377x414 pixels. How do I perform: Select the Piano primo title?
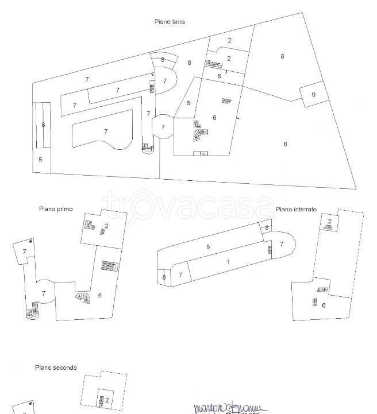pyautogui.click(x=56, y=209)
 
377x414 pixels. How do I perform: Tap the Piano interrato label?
pyautogui.click(x=296, y=210)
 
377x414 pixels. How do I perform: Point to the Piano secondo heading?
pyautogui.click(x=56, y=367)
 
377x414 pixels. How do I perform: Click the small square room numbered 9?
pyautogui.click(x=313, y=95)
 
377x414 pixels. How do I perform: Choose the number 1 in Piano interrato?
pyautogui.click(x=228, y=262)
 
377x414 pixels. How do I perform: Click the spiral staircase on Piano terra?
pyautogui.click(x=199, y=135)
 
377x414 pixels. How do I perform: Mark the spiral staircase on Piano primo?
pyautogui.click(x=83, y=299)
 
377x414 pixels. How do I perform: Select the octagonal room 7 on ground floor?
pyautogui.click(x=163, y=126)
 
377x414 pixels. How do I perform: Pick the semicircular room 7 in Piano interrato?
pyautogui.click(x=282, y=245)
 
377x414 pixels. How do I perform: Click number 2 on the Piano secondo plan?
pyautogui.click(x=106, y=400)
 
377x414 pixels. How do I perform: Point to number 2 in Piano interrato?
pyautogui.click(x=329, y=222)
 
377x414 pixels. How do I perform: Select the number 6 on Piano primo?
pyautogui.click(x=99, y=295)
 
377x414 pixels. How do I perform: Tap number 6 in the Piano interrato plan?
pyautogui.click(x=324, y=305)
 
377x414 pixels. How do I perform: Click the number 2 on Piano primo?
pyautogui.click(x=106, y=226)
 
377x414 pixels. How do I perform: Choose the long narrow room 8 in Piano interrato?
pyautogui.click(x=208, y=246)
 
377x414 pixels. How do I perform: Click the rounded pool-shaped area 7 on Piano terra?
pyautogui.click(x=105, y=131)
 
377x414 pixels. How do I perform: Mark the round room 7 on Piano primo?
pyautogui.click(x=44, y=292)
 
